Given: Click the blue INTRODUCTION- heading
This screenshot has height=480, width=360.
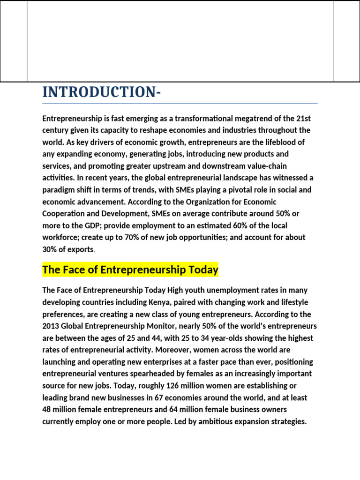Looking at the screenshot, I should coord(101,92).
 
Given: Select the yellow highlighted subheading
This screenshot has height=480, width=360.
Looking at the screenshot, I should coord(130,270).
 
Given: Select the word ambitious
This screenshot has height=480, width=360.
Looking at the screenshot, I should coord(220,421).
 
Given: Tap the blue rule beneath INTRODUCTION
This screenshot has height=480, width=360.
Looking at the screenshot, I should coord(180,103).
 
